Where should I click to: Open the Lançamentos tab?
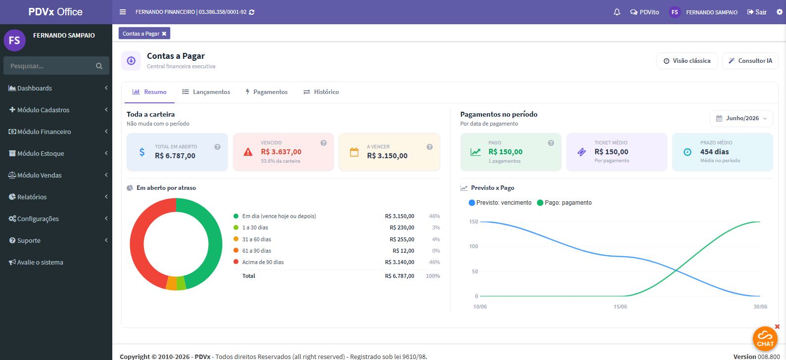[206, 92]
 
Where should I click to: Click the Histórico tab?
[321, 92]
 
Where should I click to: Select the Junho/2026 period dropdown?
[741, 119]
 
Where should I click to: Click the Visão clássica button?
[687, 61]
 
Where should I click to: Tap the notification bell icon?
[617, 12]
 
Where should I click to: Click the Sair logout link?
[757, 12]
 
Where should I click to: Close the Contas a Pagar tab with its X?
[164, 34]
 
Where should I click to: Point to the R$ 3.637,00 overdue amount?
[281, 152]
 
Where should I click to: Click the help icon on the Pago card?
[551, 143]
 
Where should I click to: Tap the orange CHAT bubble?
[765, 339]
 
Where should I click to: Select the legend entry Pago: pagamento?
[564, 203]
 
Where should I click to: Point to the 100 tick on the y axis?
[473, 246]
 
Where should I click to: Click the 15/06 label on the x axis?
[620, 307]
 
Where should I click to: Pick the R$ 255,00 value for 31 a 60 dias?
[402, 239]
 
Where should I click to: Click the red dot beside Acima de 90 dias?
[236, 262]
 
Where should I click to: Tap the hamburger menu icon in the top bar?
[123, 12]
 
